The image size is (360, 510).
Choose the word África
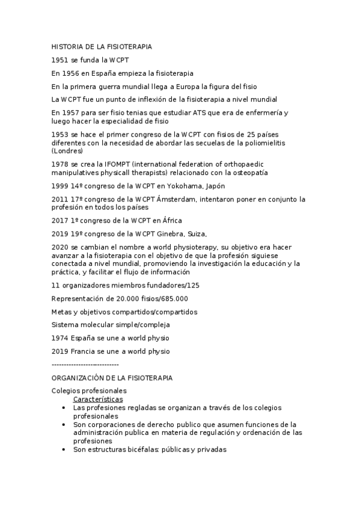[x=168, y=221]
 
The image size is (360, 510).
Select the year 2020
[x=61, y=247]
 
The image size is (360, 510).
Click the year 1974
[x=61, y=338]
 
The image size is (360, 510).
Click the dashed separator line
[x=85, y=364]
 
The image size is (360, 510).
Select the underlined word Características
[x=97, y=399]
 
